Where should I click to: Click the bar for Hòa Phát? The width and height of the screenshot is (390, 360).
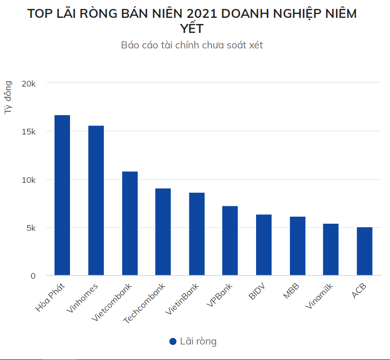62,195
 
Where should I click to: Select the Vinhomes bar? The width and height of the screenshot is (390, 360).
96,200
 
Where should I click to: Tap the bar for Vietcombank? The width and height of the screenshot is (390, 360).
130,223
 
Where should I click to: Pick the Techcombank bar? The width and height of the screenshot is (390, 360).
163,232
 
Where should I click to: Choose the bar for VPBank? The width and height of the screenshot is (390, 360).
230,241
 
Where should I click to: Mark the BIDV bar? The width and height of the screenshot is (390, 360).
264,245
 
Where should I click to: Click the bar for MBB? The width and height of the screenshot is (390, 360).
297,246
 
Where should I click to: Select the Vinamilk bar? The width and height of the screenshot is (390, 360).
331,250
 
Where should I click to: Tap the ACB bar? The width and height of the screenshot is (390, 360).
365,251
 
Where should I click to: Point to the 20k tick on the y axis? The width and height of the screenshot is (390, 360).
29,83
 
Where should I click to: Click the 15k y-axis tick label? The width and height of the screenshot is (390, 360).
29,132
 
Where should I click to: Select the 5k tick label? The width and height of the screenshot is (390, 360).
31,228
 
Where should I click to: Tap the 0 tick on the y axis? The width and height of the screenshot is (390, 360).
33,276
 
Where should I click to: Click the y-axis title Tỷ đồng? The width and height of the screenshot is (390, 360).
8,97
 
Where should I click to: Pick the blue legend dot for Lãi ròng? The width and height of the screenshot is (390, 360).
173,342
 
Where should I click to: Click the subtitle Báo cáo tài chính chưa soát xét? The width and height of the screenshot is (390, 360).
192,45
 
